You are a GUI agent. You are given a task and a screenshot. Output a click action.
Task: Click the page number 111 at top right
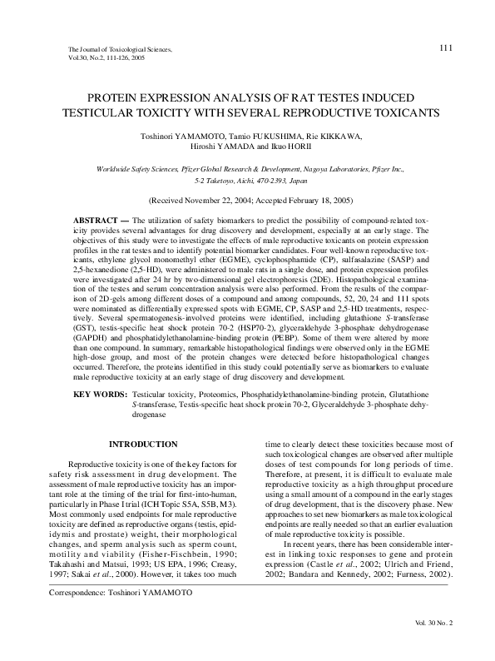tap(445, 48)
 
